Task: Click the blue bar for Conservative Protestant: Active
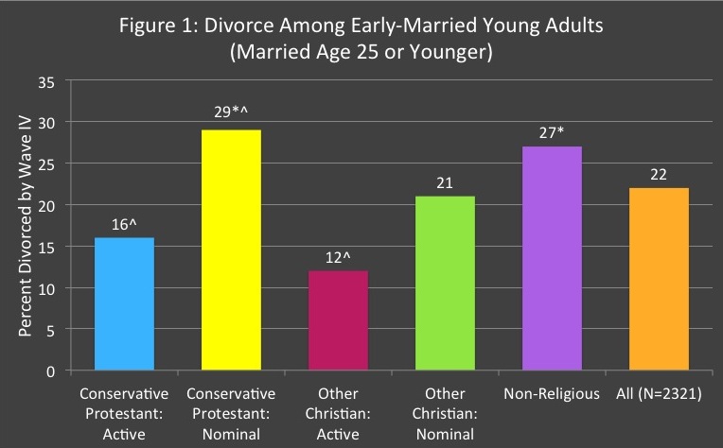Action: click(124, 303)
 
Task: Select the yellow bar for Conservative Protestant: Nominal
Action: click(231, 250)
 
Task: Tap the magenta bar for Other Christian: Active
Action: click(338, 320)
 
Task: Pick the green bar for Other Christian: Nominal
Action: click(445, 283)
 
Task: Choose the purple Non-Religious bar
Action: click(552, 258)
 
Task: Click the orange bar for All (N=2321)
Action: click(660, 279)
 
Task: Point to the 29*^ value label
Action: click(231, 112)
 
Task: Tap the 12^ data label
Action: click(340, 253)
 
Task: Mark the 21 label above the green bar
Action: click(445, 180)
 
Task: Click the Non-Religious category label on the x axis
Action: click(552, 394)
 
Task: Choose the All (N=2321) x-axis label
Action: click(660, 394)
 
